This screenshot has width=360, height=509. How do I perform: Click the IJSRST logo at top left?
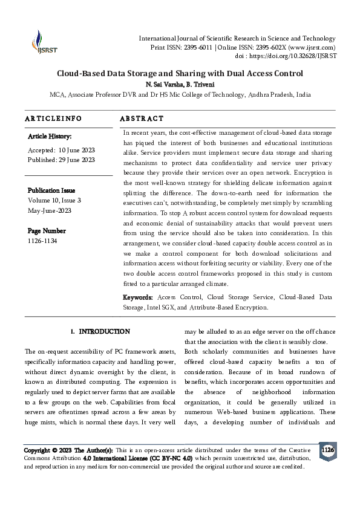(41, 42)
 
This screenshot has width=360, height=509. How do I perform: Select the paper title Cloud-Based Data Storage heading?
(180, 74)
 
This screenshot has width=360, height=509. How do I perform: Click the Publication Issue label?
(51, 190)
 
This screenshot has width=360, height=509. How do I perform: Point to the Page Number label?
(46, 231)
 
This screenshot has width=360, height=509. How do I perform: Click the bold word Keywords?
(138, 297)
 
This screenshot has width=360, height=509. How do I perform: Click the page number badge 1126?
(327, 450)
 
